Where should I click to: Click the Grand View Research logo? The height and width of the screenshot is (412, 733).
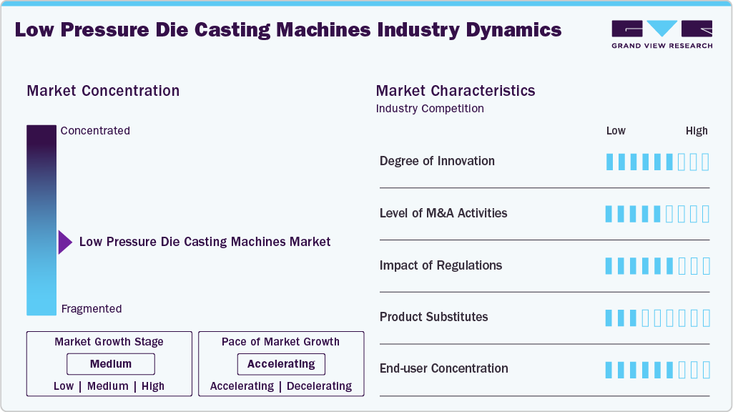662,34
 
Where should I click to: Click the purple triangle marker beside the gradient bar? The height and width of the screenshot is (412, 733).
66,242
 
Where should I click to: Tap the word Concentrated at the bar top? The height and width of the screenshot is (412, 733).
95,130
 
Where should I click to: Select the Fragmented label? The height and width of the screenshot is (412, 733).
92,309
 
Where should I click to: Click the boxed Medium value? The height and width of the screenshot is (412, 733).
111,364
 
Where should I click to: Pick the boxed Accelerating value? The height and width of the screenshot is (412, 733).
281,364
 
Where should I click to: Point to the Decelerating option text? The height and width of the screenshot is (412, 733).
319,386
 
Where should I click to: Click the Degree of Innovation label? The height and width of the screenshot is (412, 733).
437,161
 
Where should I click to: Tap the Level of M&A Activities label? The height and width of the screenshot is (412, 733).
443,213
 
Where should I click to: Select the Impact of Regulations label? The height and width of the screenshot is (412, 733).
441,265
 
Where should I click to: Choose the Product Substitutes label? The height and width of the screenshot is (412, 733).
433,317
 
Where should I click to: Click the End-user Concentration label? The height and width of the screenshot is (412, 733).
443,368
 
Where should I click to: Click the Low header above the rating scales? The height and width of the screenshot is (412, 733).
616,131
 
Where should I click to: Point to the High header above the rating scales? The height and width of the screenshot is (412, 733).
697,131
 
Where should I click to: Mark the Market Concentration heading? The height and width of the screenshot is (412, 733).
103,91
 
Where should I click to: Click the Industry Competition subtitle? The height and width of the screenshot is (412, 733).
430,109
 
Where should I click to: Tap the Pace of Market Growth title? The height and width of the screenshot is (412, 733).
280,342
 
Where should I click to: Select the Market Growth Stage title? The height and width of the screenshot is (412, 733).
109,342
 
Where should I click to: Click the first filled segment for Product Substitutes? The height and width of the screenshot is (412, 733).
609,318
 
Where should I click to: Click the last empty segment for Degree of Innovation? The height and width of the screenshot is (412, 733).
706,162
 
